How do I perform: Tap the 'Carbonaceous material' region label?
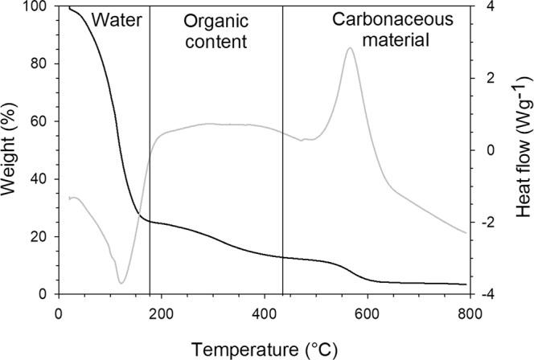[x=381, y=29]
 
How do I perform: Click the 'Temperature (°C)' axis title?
[x=265, y=349]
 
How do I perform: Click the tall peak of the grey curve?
[x=350, y=48]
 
